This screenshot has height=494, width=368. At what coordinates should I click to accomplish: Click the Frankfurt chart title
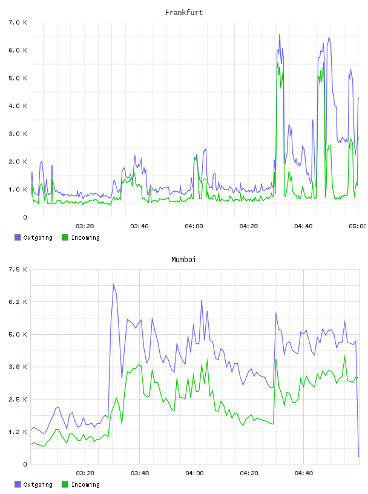pos(184,13)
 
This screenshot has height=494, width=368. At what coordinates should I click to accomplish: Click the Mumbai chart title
pos(183,260)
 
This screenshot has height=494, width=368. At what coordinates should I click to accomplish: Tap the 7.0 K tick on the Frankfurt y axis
pos(18,22)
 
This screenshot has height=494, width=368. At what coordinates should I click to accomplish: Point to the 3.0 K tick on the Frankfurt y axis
pos(18,134)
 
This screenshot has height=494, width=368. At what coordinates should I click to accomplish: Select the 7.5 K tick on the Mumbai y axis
pos(18,269)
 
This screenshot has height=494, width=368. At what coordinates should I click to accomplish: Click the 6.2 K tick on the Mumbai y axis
pos(18,302)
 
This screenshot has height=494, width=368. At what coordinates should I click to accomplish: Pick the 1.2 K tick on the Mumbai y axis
pos(18,432)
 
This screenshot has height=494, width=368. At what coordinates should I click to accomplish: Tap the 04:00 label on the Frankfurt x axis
pos(194,226)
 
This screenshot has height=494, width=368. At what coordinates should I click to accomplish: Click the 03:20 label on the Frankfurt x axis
pos(85,226)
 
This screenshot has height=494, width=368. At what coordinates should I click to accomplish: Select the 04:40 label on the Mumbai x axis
pos(304,473)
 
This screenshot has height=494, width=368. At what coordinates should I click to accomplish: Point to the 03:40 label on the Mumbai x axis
pos(140,473)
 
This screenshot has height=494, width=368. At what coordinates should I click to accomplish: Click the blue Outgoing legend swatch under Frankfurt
pos(18,237)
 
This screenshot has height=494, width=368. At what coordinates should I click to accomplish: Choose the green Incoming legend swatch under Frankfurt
pos(65,237)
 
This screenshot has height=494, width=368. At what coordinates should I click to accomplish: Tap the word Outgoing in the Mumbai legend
pos(38,484)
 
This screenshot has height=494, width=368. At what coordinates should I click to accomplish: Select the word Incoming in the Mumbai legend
pos(85,484)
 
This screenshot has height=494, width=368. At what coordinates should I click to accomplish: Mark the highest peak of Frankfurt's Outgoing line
pos(280,35)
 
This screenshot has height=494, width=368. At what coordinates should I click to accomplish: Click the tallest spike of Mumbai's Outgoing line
pos(113,284)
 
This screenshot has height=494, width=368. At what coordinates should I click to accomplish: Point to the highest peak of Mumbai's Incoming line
pos(344,355)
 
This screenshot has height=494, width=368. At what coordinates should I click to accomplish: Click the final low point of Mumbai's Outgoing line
pos(358,457)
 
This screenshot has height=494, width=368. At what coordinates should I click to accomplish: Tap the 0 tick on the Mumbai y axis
pos(25,464)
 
